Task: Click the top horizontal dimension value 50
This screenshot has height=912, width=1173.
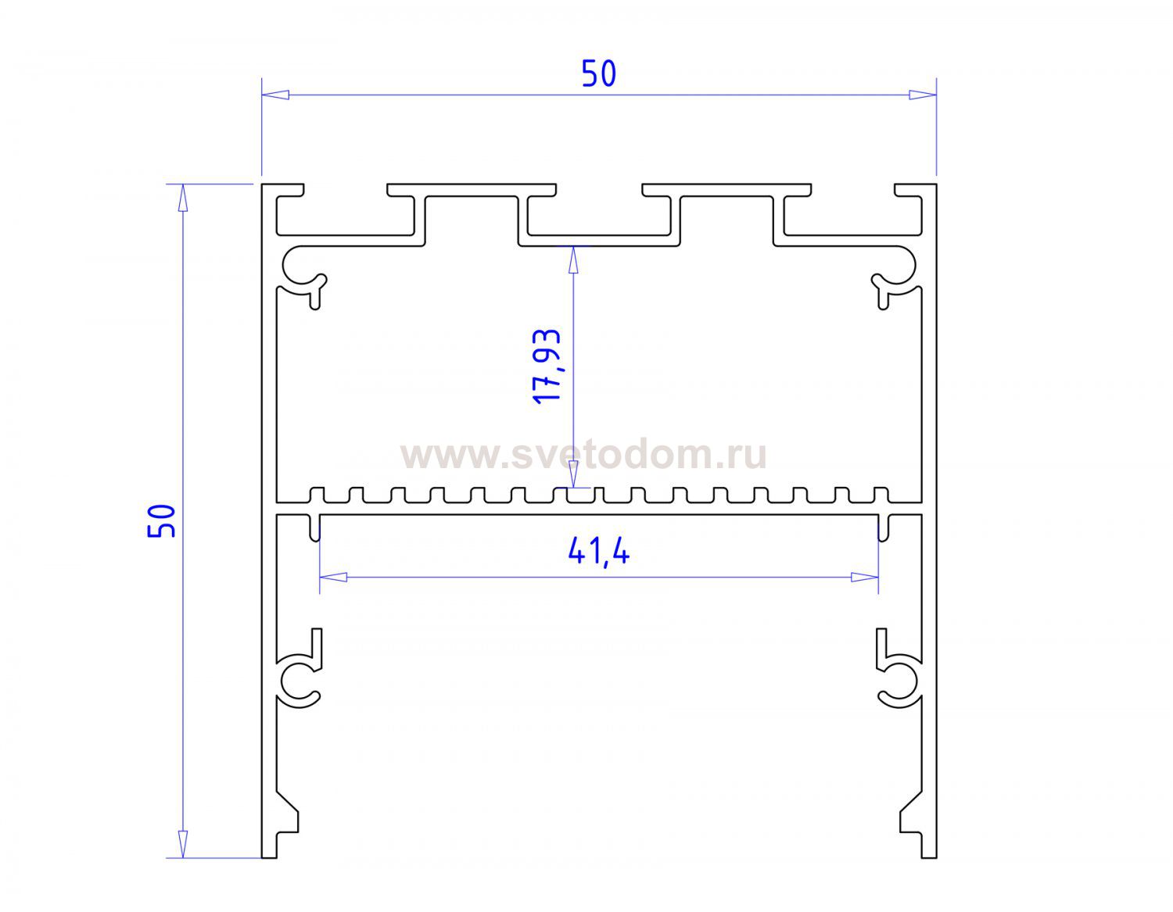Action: [x=599, y=74]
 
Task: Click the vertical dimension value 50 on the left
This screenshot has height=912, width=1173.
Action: [x=161, y=521]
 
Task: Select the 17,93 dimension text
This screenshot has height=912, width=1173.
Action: [x=547, y=366]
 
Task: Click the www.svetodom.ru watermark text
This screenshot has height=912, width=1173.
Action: [x=583, y=455]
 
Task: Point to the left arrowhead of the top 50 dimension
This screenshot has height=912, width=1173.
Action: [x=275, y=95]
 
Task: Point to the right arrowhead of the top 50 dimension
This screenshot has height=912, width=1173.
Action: [x=923, y=95]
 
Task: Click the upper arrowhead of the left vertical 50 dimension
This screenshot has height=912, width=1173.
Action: [x=183, y=198]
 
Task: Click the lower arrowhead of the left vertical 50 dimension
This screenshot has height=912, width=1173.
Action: [x=183, y=844]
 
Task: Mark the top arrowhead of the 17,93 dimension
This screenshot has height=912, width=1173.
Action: [x=573, y=259]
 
